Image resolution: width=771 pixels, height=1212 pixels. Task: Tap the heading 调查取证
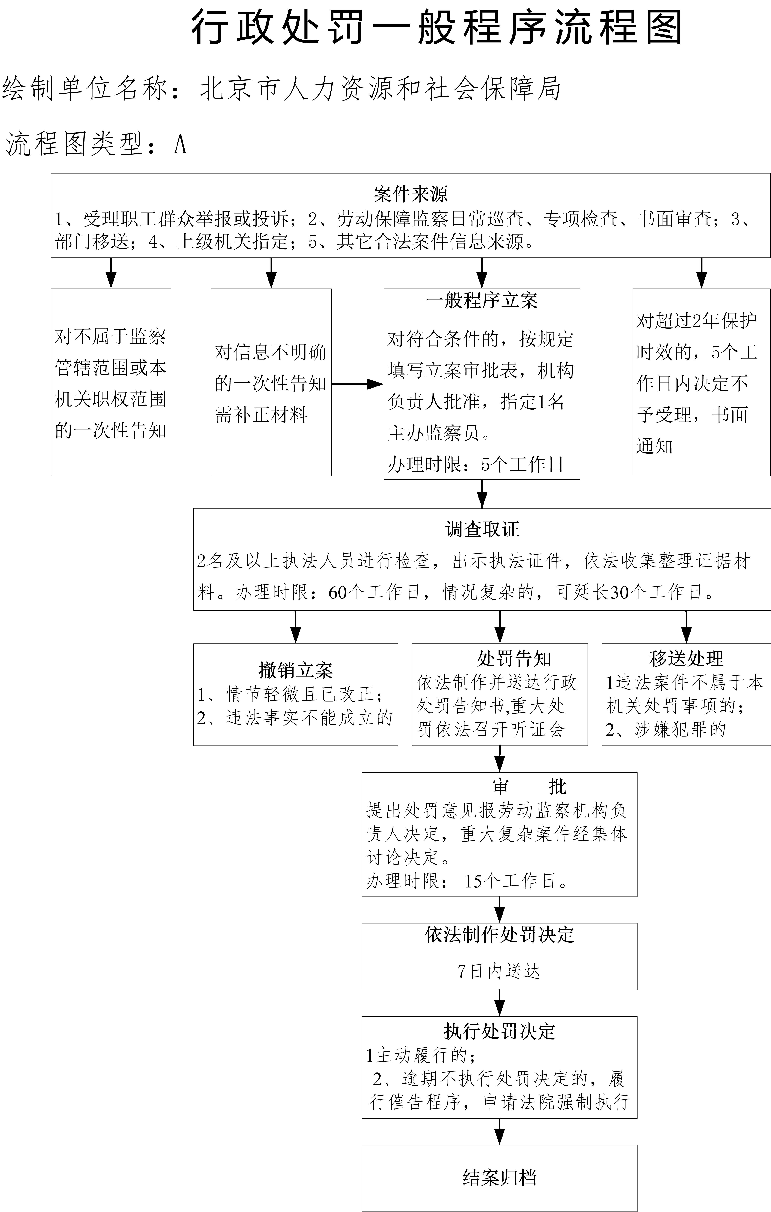(x=482, y=529)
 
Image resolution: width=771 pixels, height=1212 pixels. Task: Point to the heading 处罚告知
(x=514, y=658)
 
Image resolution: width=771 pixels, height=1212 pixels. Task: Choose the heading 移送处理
(x=686, y=658)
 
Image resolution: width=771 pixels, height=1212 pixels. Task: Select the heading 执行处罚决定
(x=499, y=1032)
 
